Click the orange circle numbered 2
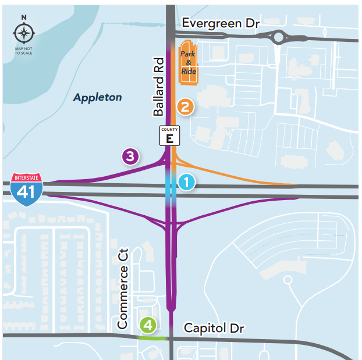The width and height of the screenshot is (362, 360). tap(185, 107)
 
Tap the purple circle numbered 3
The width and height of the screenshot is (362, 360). tap(130, 156)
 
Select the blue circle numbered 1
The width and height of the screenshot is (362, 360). tap(186, 183)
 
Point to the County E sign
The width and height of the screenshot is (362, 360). tap(170, 136)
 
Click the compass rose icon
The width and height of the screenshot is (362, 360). tap(24, 33)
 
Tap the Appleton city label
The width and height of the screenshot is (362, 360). tap(97, 97)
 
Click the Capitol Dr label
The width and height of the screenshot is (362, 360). tap(214, 329)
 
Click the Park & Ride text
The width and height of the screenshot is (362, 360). tap(188, 63)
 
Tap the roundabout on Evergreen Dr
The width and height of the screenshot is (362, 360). tap(279, 38)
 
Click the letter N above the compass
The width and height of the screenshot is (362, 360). tap(24, 18)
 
